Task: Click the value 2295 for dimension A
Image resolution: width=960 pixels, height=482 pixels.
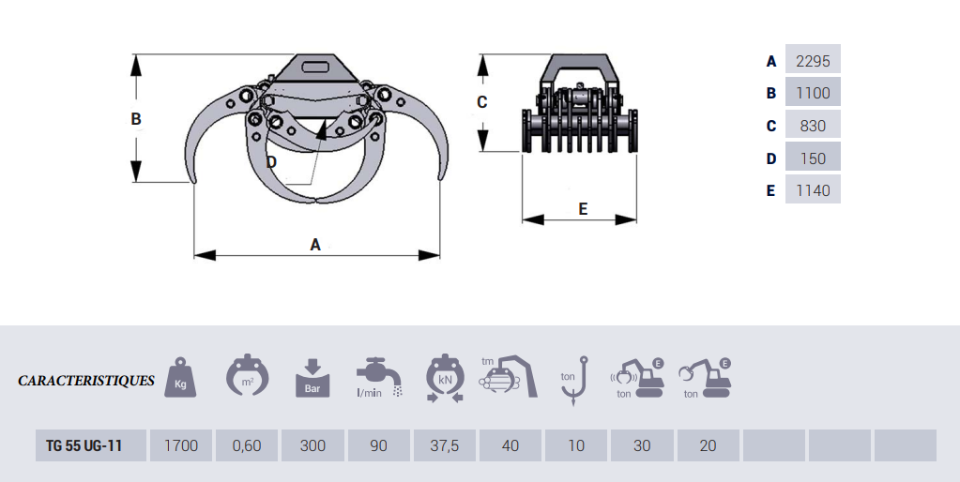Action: click(x=813, y=61)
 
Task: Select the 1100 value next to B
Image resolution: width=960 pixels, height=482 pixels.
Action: click(x=813, y=93)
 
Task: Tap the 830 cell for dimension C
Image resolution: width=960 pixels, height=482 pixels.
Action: click(x=813, y=126)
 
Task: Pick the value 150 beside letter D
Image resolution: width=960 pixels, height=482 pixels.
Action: click(x=813, y=158)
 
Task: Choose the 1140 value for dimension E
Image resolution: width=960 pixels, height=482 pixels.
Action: click(x=813, y=191)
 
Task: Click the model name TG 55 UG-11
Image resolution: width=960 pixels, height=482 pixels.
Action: click(x=84, y=445)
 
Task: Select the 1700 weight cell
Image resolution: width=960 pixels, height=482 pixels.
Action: click(x=180, y=445)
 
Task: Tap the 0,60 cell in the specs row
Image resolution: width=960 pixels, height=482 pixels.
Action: click(x=247, y=445)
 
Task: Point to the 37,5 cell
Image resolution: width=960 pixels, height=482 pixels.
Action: click(x=445, y=445)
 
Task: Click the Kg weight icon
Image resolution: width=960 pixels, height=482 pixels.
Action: click(x=180, y=377)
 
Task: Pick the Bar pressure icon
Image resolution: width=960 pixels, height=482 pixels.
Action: click(x=312, y=378)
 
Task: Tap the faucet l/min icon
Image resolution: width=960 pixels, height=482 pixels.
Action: click(x=379, y=378)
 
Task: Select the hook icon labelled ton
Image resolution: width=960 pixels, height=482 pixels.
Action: click(x=574, y=381)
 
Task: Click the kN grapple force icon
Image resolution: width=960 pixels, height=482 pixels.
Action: click(x=445, y=378)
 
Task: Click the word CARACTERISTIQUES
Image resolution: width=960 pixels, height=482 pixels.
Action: click(x=86, y=381)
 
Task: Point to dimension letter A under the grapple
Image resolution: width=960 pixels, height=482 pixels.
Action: click(x=315, y=245)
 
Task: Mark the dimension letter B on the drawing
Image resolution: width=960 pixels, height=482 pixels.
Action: click(x=136, y=119)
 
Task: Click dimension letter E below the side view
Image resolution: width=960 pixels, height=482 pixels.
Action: click(x=583, y=209)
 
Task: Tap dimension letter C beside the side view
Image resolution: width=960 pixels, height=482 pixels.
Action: click(x=481, y=102)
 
